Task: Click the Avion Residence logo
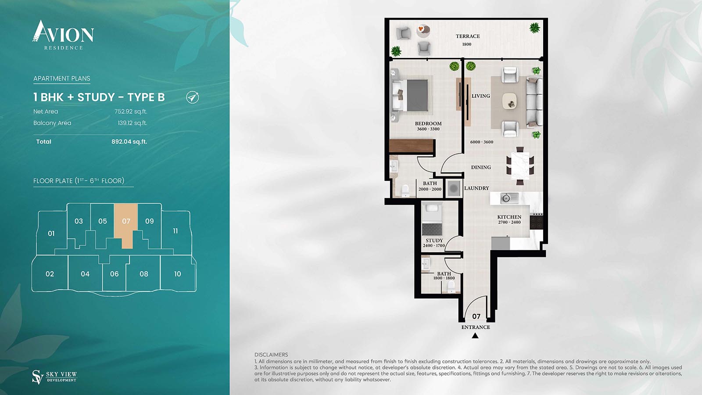coord(63,35)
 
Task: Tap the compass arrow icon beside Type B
coord(193,97)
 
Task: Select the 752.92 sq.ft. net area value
coord(131,111)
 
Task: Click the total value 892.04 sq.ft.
coord(129,142)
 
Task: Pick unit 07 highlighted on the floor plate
coord(126,221)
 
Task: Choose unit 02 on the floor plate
coord(50,274)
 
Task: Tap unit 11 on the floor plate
coord(175,231)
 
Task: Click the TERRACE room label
coord(468,36)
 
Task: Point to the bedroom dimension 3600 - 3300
coord(428,129)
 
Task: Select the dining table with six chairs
coord(520,166)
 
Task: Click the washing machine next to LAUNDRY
coord(453,189)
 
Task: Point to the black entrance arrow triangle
coord(475,336)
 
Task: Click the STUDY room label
coord(434,241)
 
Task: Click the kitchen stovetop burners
coord(536,221)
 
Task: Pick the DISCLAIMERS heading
coord(271,355)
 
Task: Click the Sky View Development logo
coord(54,377)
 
